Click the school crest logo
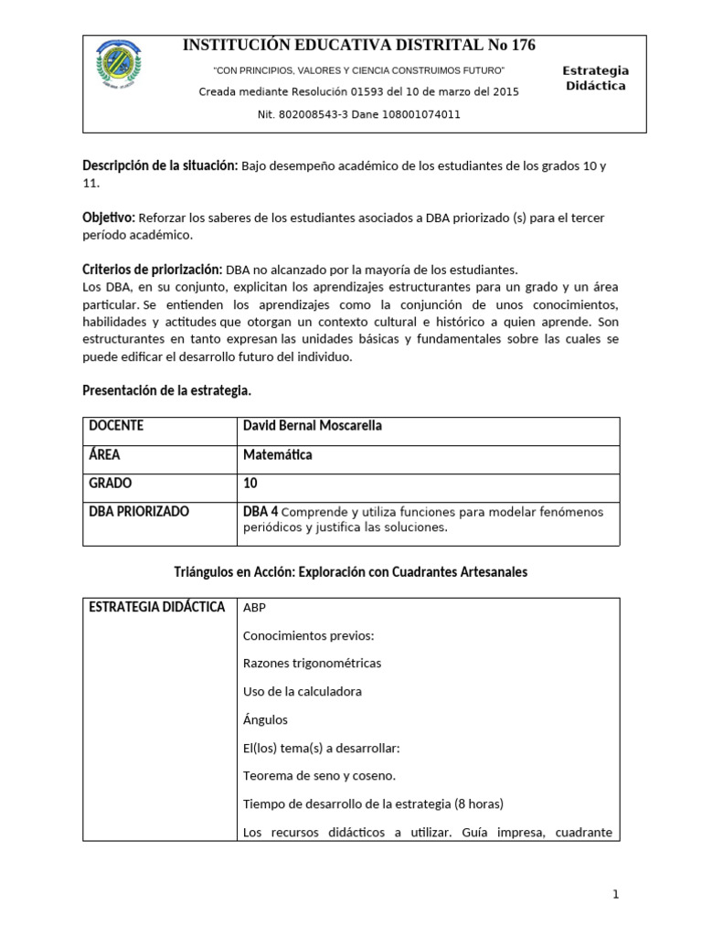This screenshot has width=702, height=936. point(118,69)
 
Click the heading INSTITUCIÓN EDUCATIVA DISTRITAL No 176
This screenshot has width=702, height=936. point(359,46)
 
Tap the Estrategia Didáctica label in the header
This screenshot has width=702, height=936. point(595,78)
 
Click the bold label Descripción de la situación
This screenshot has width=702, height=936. point(160,165)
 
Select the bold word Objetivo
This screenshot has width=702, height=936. point(109,218)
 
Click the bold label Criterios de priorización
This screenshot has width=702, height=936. point(152,270)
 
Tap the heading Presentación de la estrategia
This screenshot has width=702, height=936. point(166,390)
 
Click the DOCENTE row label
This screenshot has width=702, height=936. point(116,426)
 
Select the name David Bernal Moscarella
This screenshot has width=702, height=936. point(314,426)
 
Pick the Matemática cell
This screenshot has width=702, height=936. point(277,454)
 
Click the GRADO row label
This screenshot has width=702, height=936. point(111,483)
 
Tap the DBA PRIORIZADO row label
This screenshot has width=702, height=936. point(139,511)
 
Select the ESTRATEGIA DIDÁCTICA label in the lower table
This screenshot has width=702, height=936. point(156,607)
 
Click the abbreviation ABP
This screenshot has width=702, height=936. point(255,608)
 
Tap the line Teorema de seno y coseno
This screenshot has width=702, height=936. point(319,776)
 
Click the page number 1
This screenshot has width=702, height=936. point(616,895)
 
